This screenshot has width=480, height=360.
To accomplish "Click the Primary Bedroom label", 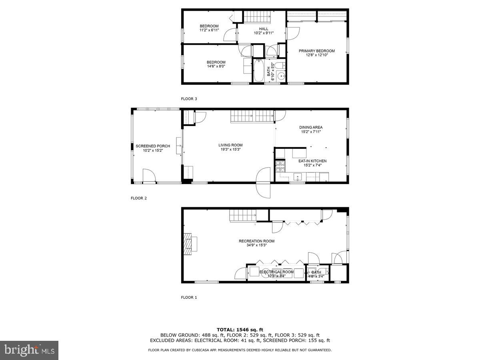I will coord(316,51).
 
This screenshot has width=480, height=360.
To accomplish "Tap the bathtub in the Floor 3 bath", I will coord(258,71).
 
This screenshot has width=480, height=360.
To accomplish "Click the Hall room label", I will coord(264,29).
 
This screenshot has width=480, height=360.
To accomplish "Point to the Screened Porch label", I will coord(153,146).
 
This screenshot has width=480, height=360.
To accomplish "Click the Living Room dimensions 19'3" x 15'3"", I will coord(230,150).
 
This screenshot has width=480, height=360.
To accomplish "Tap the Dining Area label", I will coord(311,128).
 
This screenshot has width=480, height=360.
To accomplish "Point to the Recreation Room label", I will coord(256,241).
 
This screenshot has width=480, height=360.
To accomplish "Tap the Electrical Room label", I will coord(276,272).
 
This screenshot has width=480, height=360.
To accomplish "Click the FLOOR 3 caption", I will coord(189,99).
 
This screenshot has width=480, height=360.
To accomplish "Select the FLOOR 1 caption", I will coord(189,297).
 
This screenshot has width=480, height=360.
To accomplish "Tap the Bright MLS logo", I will coord(29,350).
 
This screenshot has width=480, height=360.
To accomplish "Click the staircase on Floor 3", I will coord(258,17).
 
